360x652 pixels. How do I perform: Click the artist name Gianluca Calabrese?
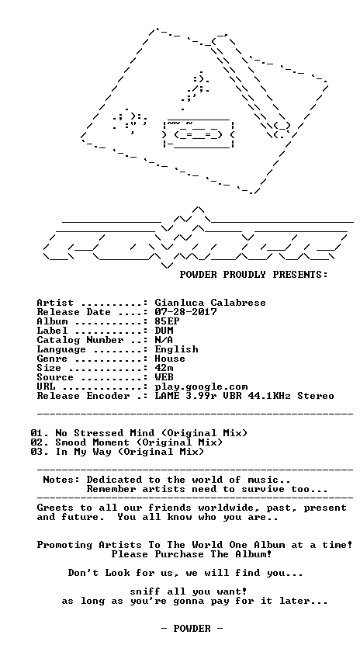(210, 303)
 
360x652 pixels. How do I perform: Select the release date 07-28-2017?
(185, 312)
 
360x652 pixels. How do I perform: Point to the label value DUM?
(164, 331)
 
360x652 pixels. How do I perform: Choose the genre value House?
(170, 359)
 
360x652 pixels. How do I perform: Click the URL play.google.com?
(201, 387)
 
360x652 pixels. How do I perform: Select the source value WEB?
(164, 377)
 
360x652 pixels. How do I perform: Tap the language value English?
(176, 349)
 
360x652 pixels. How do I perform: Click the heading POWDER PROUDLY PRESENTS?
(254, 275)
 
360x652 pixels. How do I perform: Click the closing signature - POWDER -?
(192, 628)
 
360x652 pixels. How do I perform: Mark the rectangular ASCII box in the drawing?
(199, 134)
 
